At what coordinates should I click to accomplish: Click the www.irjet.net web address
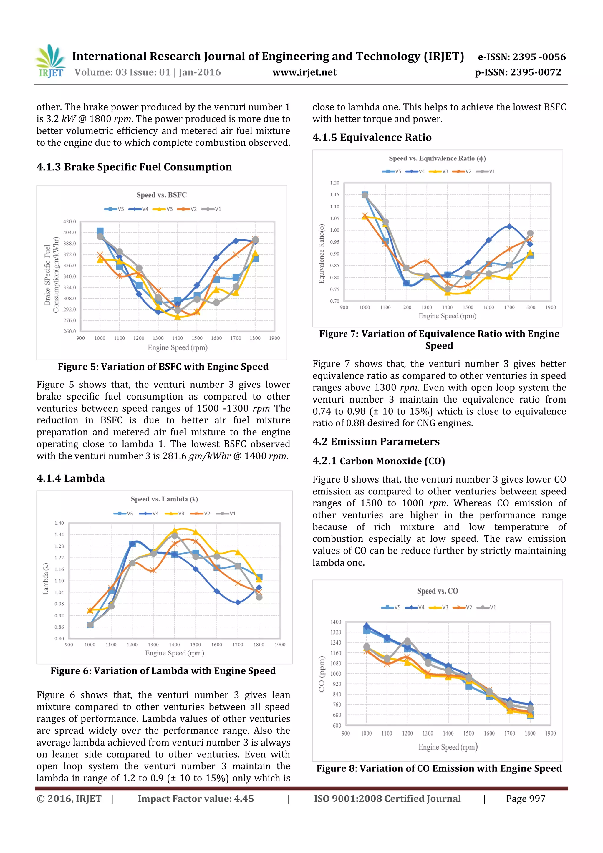coord(304,72)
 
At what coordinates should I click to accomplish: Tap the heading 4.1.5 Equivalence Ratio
coord(372,138)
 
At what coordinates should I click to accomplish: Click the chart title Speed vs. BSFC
coord(161,195)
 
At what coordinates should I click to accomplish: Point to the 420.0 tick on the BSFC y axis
coord(69,221)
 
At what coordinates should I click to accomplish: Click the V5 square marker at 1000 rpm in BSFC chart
coord(100,231)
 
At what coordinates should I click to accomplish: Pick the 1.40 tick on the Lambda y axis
coord(59,523)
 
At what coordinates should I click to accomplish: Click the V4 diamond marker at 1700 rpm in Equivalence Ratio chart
coord(509,227)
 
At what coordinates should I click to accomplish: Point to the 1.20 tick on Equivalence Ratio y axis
coord(334,183)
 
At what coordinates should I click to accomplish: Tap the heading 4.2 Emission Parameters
coord(376,442)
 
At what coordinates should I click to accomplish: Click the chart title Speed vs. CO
coord(437,591)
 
